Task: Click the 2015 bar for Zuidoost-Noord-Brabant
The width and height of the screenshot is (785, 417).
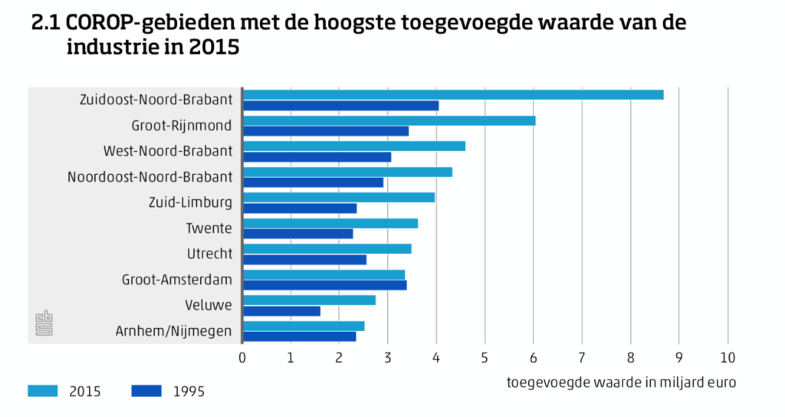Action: (453, 94)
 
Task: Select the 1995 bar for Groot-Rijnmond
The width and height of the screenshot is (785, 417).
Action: (326, 131)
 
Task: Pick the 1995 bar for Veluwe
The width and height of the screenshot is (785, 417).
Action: (282, 310)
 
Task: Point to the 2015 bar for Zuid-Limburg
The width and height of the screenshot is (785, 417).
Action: (339, 197)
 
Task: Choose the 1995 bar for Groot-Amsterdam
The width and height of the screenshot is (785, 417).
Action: (325, 285)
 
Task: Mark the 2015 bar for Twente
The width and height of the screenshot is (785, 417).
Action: (330, 223)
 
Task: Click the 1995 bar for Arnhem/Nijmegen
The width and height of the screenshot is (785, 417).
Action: (300, 336)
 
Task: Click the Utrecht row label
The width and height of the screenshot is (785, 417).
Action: (209, 254)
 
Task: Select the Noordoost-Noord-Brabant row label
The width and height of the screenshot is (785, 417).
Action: (149, 177)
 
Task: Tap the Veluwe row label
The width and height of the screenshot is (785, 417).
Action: (209, 305)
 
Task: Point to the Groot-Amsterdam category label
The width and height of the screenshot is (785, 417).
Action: (177, 280)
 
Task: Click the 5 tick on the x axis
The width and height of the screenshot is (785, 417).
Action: (484, 357)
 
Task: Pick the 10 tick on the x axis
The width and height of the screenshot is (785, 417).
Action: (727, 357)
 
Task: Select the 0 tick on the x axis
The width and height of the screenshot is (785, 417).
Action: (242, 357)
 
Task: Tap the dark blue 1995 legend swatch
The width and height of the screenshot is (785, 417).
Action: (146, 392)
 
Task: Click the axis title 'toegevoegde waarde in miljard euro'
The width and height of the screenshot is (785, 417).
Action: (621, 382)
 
